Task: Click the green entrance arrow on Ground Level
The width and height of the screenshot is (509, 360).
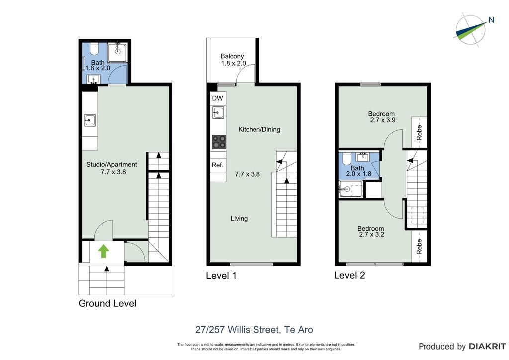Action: pyautogui.click(x=103, y=251)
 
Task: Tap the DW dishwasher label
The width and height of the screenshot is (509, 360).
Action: pyautogui.click(x=218, y=98)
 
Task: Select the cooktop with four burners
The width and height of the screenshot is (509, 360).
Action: pyautogui.click(x=219, y=142)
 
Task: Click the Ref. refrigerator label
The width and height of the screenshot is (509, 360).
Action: pyautogui.click(x=218, y=165)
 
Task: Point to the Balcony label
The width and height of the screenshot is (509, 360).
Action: pyautogui.click(x=232, y=56)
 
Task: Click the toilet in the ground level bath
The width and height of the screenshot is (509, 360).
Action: pyautogui.click(x=94, y=49)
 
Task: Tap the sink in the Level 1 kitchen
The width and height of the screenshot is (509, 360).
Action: pyautogui.click(x=219, y=113)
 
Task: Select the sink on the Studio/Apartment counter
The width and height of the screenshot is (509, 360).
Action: pyautogui.click(x=89, y=120)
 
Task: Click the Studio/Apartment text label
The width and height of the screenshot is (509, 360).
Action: pyautogui.click(x=112, y=164)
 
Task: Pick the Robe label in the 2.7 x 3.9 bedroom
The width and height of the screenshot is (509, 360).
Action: pyautogui.click(x=419, y=132)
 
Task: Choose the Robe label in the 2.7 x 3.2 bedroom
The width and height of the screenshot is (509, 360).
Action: pyautogui.click(x=419, y=247)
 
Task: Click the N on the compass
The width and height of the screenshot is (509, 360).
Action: pyautogui.click(x=491, y=20)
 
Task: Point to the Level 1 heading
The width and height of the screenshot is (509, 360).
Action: pyautogui.click(x=221, y=276)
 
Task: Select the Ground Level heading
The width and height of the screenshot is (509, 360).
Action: pyautogui.click(x=107, y=303)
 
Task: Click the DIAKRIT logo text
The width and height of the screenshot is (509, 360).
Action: pyautogui.click(x=487, y=347)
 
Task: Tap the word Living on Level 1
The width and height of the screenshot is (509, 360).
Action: pyautogui.click(x=239, y=218)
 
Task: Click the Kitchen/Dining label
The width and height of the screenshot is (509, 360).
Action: pyautogui.click(x=259, y=129)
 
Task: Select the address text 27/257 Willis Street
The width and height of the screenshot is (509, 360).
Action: pyautogui.click(x=237, y=330)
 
